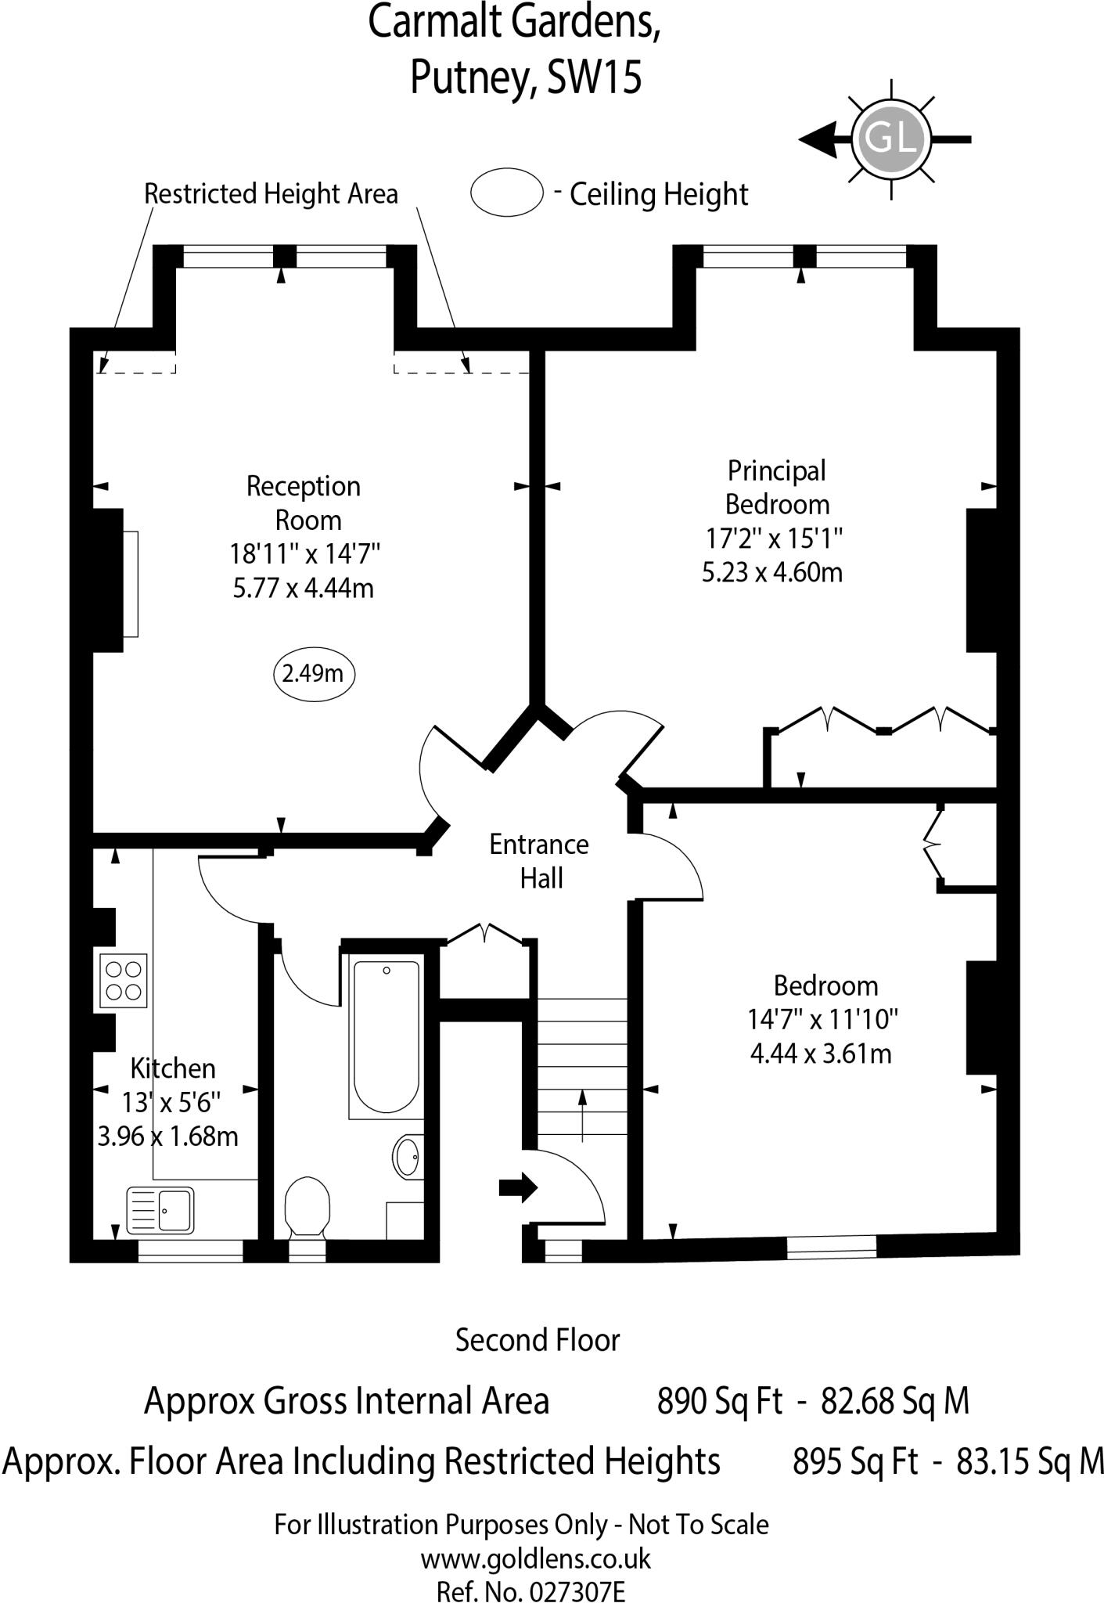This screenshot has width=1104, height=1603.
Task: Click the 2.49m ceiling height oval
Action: point(314,674)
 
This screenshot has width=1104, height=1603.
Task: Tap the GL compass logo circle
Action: point(890,139)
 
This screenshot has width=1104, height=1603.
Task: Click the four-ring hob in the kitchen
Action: point(124,981)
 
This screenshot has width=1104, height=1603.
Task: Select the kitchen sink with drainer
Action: point(160,1210)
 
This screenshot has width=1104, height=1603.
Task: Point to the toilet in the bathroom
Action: point(307,1208)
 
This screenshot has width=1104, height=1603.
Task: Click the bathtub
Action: point(387,1036)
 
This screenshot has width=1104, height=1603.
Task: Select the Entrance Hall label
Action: point(539,861)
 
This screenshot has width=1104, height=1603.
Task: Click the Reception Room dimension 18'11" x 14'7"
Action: point(304,554)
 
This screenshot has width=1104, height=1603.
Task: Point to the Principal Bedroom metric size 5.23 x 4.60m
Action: point(771,572)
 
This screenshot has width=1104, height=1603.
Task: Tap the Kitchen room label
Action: point(173,1068)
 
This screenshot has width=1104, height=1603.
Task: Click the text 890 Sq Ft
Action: point(719,1399)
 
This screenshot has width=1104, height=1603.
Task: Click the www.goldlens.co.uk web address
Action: point(536,1558)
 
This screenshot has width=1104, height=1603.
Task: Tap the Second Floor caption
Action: point(538,1340)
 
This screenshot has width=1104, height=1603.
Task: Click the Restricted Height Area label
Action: point(271,193)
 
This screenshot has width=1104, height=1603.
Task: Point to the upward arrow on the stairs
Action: point(582,1115)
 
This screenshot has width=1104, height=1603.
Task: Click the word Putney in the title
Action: point(472,77)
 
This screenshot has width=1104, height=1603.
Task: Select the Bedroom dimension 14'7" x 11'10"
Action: point(822,1019)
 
